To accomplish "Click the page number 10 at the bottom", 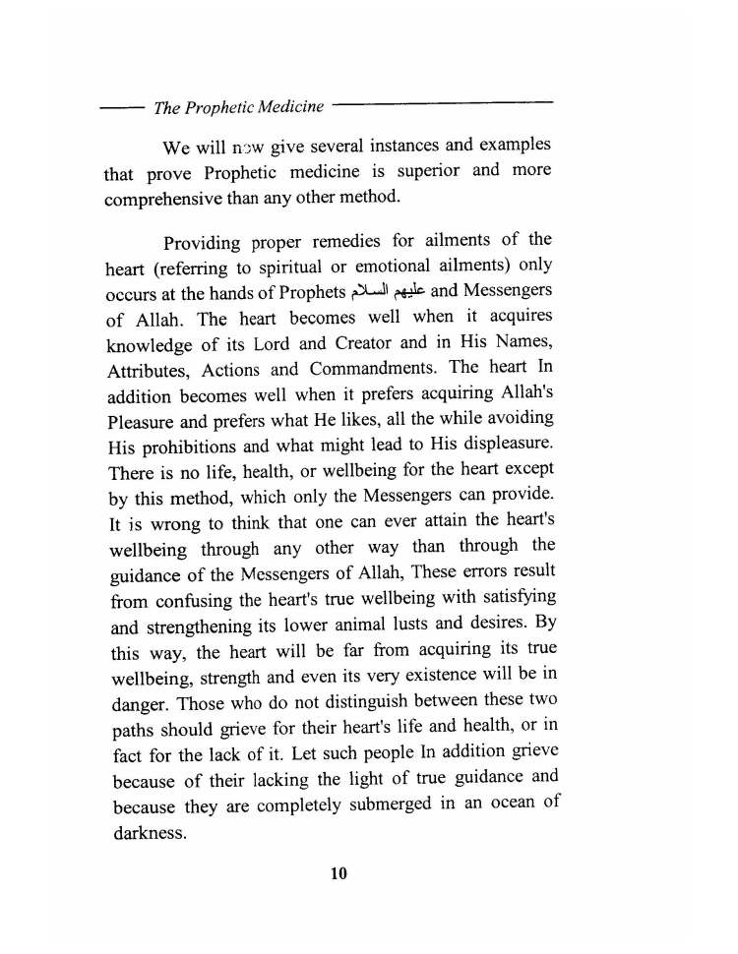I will tap(339, 873).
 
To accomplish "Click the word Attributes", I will tap(148, 369).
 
